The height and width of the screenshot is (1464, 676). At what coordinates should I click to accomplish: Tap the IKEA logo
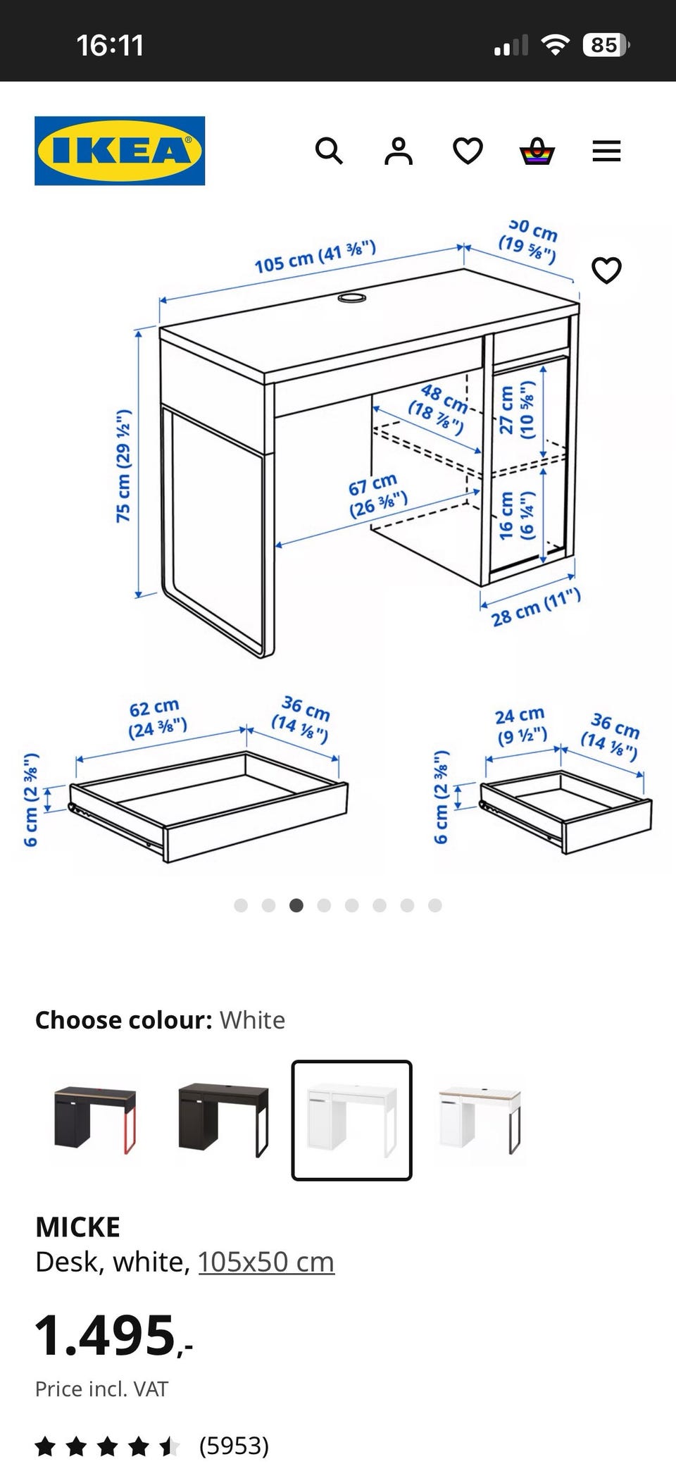pos(120,151)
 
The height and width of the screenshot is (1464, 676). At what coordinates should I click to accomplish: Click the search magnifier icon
pos(329,151)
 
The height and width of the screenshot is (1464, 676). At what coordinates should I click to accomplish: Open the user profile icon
pos(398,151)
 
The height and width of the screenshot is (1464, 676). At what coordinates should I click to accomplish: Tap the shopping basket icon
pos(537,151)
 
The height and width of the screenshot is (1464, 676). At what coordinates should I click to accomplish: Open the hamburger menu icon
pos(606,151)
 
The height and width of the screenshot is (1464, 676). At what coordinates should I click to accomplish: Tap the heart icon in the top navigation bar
pos(468,151)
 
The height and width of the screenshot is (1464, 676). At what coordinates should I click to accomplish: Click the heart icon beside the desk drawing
pos(606,271)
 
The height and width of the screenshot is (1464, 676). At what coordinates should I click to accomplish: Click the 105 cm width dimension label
pos(315,256)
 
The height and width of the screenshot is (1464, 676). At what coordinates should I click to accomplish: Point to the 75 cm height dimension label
pos(124,465)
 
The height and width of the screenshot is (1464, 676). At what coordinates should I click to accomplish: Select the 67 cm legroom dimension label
pos(377,495)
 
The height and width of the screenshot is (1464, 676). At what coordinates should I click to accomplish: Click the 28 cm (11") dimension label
pos(536,607)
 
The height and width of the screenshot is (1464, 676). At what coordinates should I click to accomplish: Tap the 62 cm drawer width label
pos(157,718)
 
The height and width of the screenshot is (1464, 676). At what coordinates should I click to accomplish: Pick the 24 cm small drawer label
pos(521,726)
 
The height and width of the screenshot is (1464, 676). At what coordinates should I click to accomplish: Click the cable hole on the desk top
pos(352,298)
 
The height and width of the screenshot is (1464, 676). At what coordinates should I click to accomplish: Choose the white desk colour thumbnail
pos(351,1119)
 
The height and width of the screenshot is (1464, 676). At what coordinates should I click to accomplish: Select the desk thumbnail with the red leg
pos(95,1119)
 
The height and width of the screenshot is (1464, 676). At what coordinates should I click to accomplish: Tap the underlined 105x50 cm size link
pos(266,1262)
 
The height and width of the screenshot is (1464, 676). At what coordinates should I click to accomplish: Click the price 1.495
pos(113,1335)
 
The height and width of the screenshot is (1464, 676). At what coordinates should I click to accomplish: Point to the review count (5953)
pos(234,1445)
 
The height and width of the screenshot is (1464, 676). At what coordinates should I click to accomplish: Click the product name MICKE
pos(77,1227)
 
